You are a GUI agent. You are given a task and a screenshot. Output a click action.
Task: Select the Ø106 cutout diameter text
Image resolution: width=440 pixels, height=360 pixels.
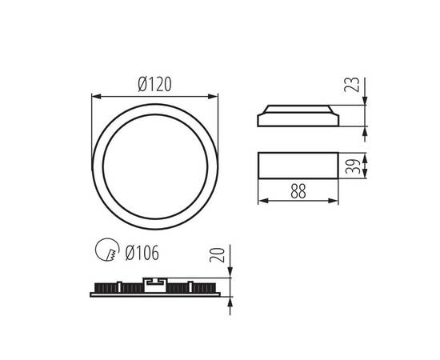click(x=142, y=253)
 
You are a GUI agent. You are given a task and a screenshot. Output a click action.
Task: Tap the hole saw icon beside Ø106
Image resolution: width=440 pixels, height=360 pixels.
click(x=104, y=252)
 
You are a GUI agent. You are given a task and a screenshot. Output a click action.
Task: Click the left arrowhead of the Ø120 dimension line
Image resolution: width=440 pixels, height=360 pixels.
click(x=95, y=97)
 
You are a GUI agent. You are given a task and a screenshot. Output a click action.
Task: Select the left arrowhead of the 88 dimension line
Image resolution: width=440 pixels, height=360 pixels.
click(x=261, y=200)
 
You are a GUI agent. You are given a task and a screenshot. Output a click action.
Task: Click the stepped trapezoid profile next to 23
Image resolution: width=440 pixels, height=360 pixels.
click(x=298, y=117)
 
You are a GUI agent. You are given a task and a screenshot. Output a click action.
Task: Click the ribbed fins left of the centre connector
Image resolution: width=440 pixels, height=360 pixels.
click(x=116, y=286)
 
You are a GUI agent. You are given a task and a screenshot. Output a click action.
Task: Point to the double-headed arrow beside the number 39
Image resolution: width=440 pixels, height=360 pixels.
click(x=365, y=166)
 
